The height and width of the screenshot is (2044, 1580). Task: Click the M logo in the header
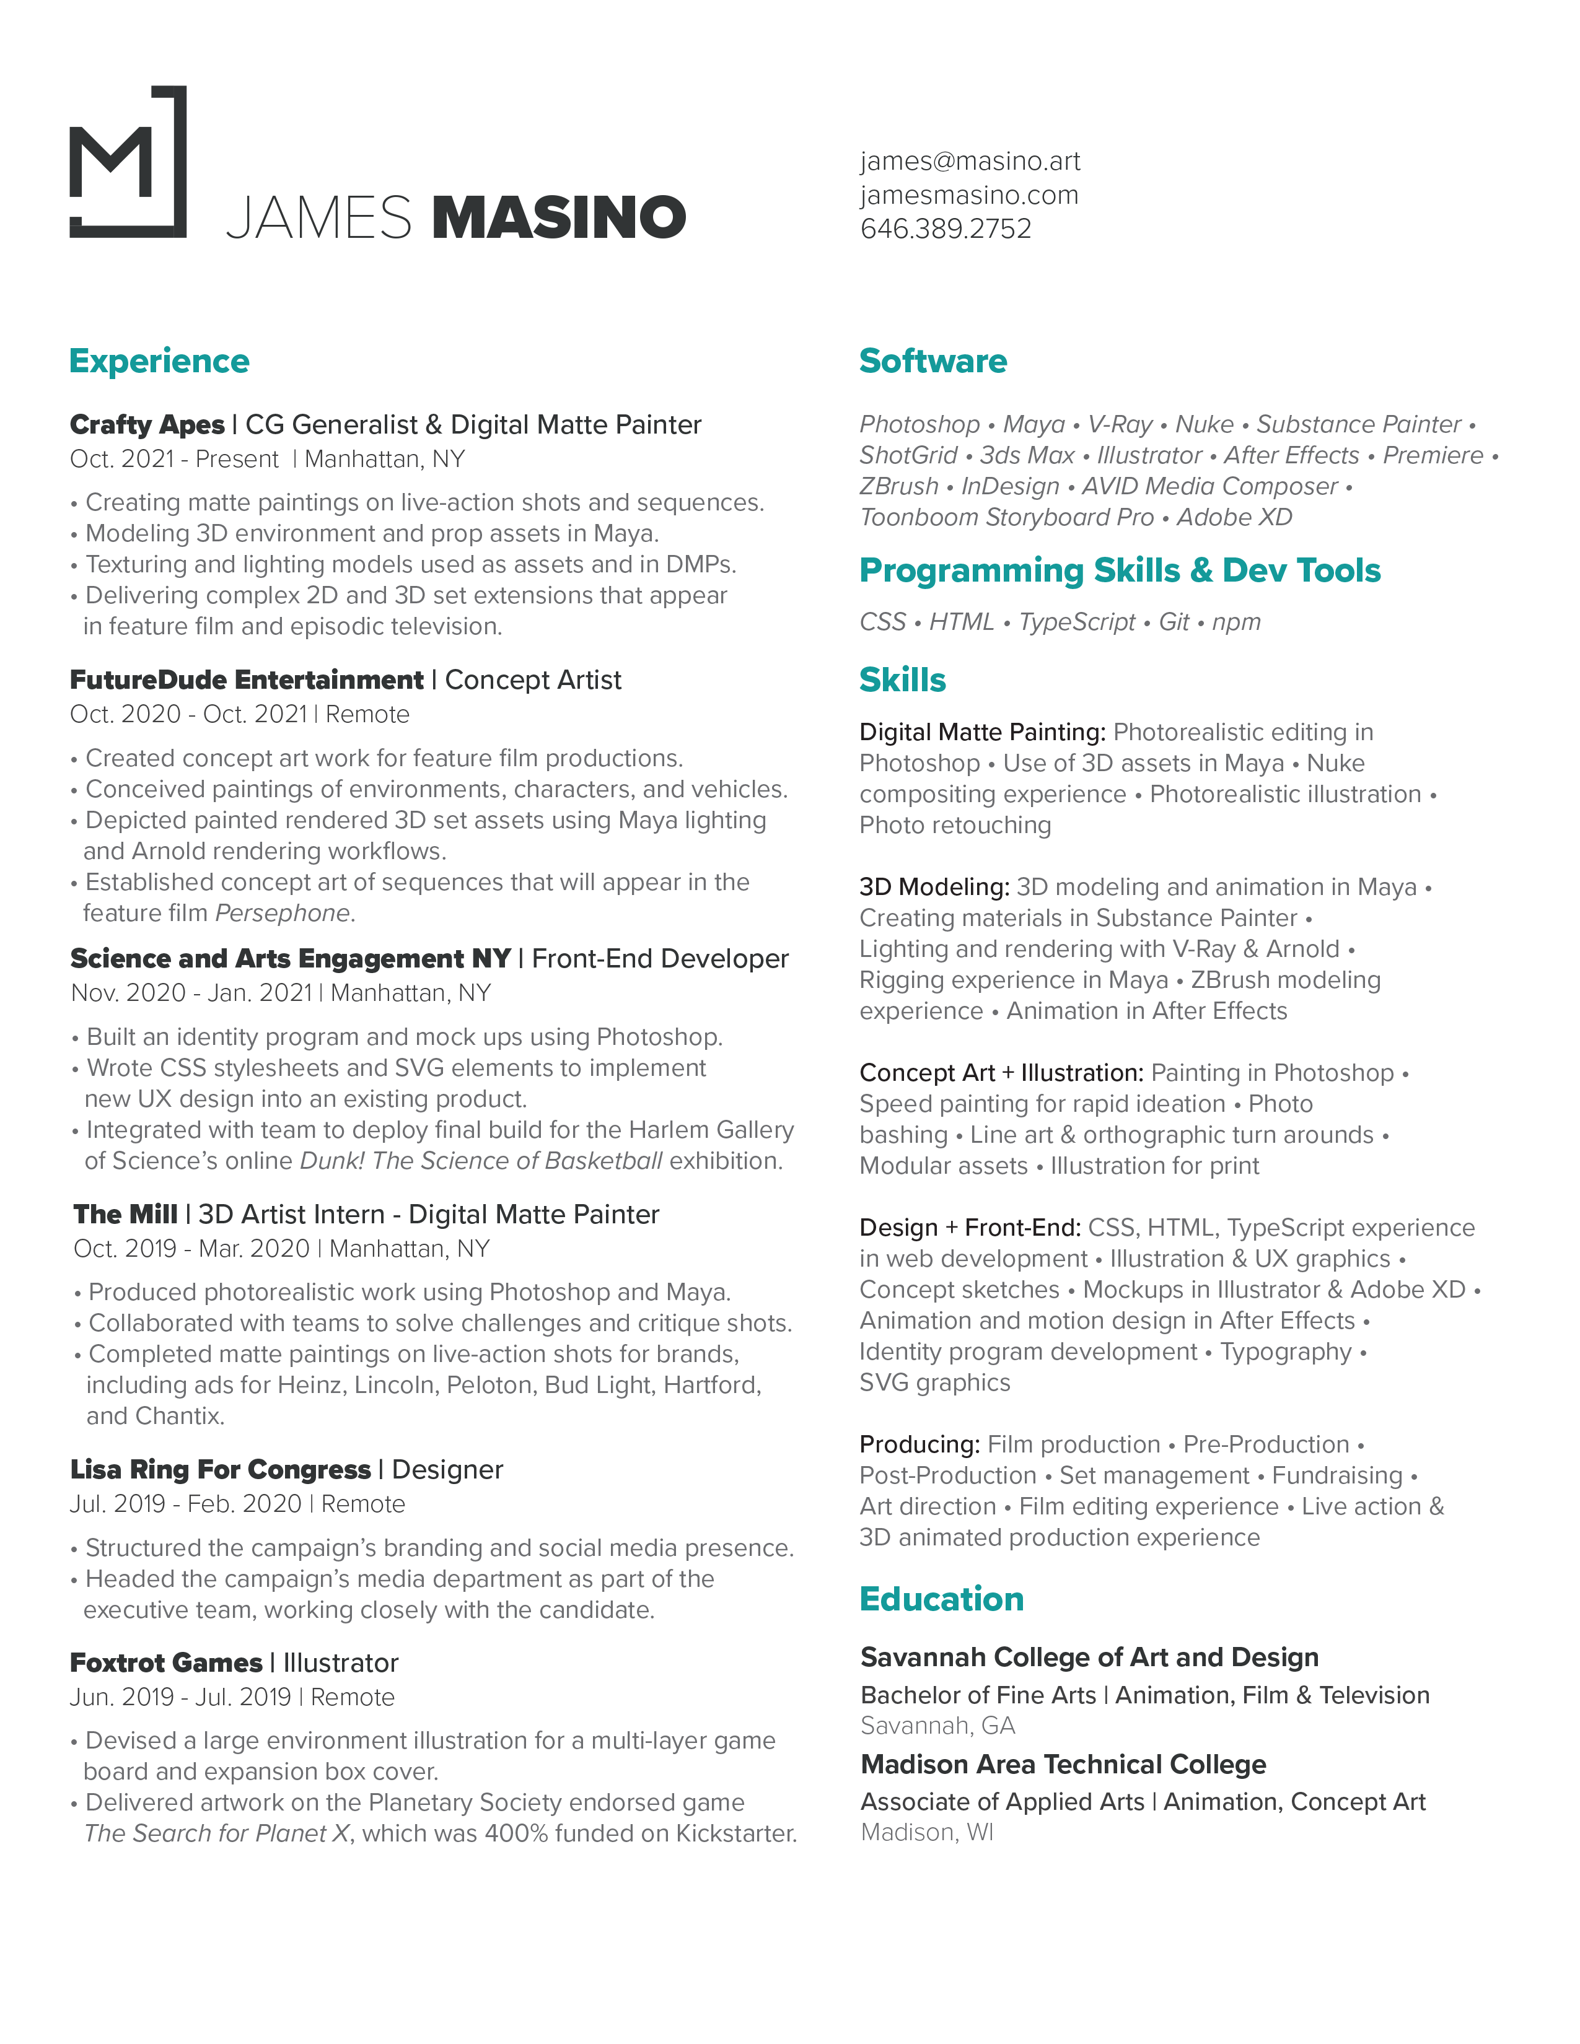(128, 162)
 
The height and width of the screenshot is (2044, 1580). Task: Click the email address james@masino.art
(970, 161)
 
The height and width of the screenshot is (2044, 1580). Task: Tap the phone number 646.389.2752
(946, 229)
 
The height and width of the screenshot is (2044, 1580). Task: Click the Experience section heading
(159, 361)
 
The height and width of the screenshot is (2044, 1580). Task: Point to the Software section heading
(933, 361)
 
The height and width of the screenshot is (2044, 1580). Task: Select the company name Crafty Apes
(147, 425)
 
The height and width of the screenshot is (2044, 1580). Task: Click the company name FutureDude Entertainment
(246, 679)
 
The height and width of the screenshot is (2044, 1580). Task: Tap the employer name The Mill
(125, 1214)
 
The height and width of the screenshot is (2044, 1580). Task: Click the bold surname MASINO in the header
(559, 217)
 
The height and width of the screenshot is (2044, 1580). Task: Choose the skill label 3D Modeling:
(933, 886)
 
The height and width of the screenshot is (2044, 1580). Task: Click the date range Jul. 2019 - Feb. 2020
(185, 1504)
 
